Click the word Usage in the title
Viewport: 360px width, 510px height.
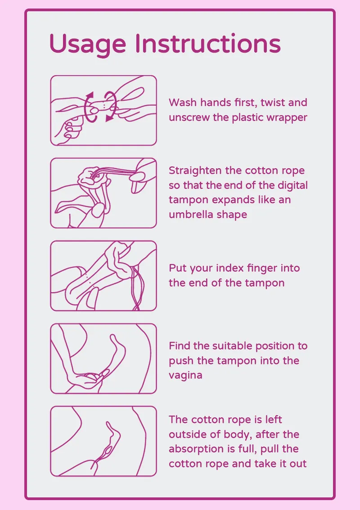pos(88,44)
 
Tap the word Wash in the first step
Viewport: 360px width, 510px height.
pos(183,103)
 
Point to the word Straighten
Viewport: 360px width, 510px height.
pos(195,171)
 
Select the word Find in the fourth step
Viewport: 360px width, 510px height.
pos(180,346)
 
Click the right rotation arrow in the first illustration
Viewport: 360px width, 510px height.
pos(111,107)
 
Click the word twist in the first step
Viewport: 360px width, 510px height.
pos(272,103)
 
